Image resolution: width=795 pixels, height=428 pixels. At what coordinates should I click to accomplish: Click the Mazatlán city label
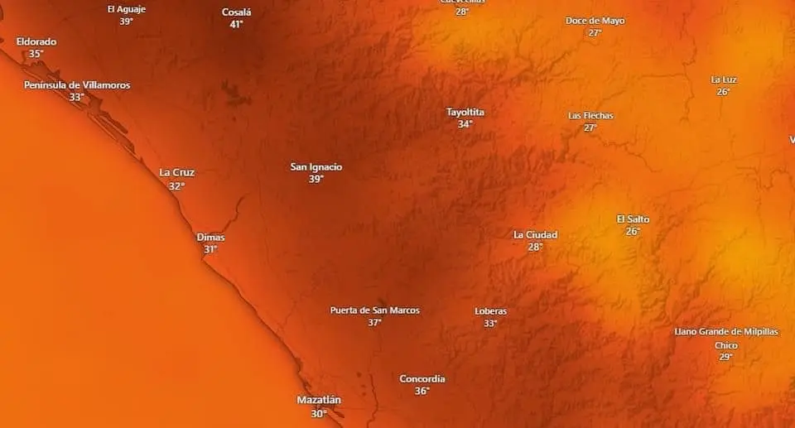point(319,401)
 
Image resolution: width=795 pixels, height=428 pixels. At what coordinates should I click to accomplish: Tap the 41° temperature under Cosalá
point(236,25)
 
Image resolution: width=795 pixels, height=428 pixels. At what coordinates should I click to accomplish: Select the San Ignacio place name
point(316,167)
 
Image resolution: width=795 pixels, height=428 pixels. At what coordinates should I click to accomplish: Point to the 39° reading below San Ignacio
point(316,179)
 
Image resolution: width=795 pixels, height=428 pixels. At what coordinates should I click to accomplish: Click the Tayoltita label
point(465,113)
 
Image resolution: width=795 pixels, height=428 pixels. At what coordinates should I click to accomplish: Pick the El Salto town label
point(633,219)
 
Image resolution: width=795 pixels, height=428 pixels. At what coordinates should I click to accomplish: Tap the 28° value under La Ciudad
point(535,247)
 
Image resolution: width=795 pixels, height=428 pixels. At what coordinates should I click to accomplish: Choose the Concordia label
point(422,379)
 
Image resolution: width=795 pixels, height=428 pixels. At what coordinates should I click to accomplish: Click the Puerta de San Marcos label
point(375,310)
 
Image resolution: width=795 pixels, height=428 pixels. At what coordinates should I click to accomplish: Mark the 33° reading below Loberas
point(490,324)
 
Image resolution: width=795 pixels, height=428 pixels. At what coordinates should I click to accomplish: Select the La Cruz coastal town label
point(176,173)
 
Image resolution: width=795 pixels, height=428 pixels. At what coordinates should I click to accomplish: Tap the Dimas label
point(210,238)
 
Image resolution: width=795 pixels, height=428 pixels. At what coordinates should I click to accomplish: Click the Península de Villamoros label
point(77,85)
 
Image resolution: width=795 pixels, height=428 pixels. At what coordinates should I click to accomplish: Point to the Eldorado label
point(36,41)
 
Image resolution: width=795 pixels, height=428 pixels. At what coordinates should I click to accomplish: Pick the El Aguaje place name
point(126,9)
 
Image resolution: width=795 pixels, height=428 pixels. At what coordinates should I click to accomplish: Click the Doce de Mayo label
point(595,21)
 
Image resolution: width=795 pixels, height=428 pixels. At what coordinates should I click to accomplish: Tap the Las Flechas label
point(590,116)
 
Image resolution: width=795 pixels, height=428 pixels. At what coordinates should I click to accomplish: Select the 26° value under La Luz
point(723,92)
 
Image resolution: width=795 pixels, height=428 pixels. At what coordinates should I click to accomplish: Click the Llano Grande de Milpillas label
point(726,332)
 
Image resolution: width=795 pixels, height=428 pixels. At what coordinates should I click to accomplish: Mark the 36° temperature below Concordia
point(422,391)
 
